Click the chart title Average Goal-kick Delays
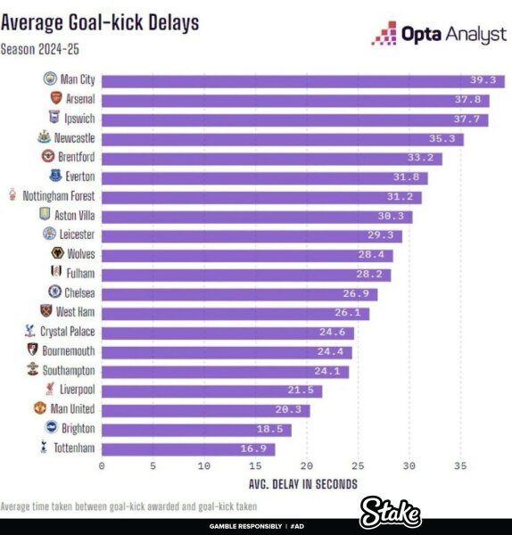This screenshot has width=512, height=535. (x=100, y=21)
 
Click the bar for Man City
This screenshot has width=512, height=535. (x=303, y=81)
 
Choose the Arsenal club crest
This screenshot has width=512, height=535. (x=55, y=99)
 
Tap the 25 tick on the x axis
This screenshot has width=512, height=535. (x=359, y=465)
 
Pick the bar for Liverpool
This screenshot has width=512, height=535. (x=211, y=391)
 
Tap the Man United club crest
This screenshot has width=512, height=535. (x=39, y=408)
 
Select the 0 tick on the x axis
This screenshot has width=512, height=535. (x=103, y=465)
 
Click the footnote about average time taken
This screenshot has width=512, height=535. (x=122, y=506)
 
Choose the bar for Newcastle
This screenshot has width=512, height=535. (x=284, y=138)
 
